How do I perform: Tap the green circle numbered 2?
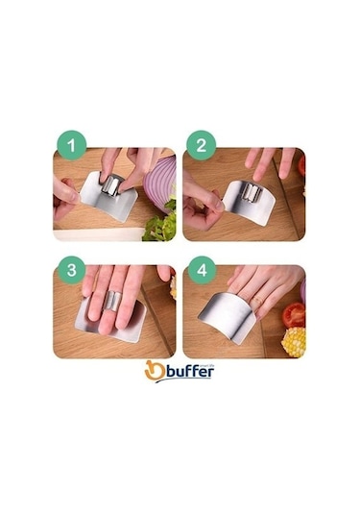201,148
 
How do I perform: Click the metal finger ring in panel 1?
113,184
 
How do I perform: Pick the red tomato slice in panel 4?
293,314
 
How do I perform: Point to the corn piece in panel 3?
173,286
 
